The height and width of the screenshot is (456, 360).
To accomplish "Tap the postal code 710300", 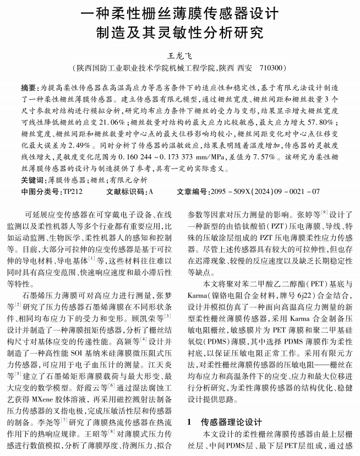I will [x=271, y=68].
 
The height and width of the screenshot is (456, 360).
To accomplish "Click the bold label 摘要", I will [x=29, y=88].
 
